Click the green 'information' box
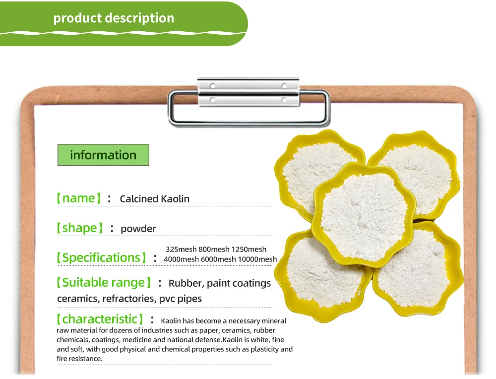103,155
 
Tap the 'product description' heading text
114,18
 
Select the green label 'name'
78,198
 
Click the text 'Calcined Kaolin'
154,199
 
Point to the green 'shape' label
79,228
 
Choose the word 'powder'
138,229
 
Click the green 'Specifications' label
101,257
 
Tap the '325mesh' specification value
181,249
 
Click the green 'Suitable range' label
103,282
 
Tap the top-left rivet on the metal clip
213,86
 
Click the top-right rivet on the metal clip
284,86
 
